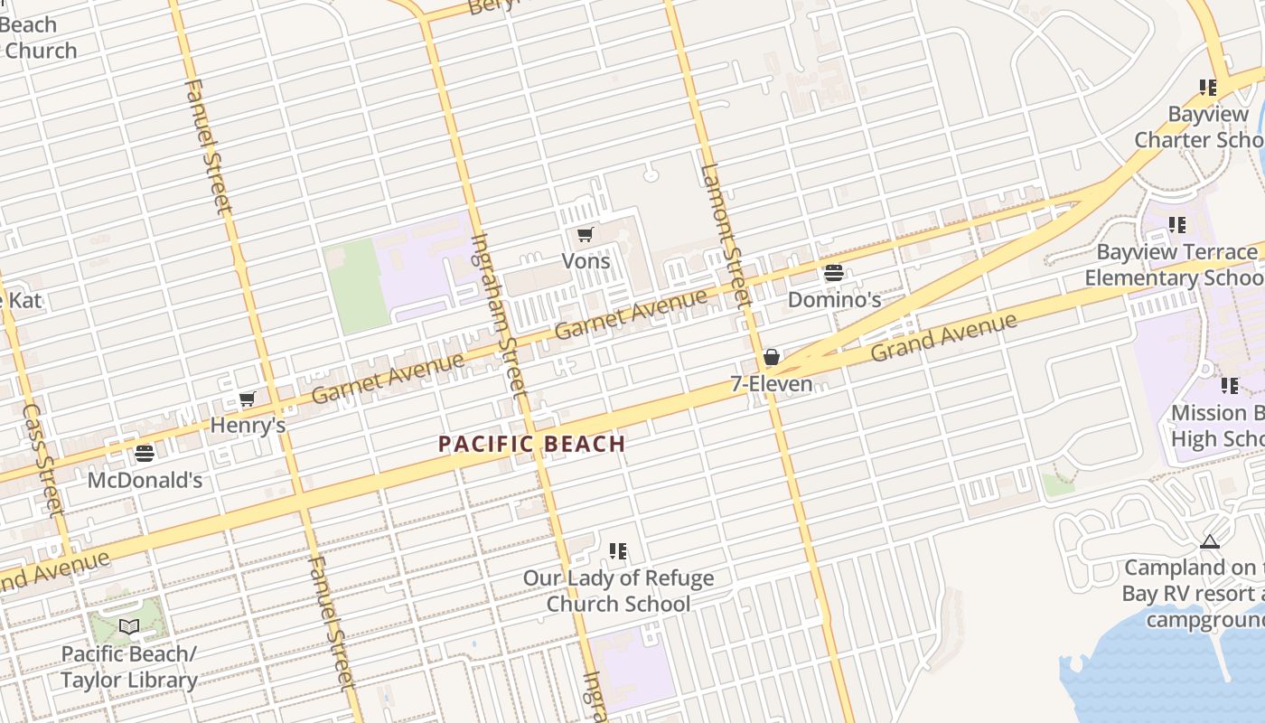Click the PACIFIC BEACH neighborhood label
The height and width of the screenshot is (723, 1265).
(x=531, y=444)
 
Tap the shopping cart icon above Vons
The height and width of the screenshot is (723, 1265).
(x=585, y=235)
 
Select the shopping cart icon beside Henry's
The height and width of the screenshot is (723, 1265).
(x=247, y=399)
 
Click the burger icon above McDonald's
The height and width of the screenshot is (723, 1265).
(x=145, y=453)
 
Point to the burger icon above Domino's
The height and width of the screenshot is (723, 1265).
(x=833, y=272)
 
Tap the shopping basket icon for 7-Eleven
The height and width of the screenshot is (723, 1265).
(x=771, y=357)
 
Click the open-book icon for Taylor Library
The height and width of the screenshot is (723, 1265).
(x=129, y=626)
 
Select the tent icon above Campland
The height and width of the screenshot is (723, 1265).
(x=1209, y=542)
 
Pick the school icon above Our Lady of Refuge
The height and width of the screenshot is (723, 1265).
(x=618, y=550)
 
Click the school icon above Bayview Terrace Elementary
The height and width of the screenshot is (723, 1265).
(x=1176, y=224)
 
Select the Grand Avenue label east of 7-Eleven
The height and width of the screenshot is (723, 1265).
(x=943, y=336)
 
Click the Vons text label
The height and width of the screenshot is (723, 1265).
(x=586, y=261)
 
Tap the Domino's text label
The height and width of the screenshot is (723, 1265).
(x=834, y=299)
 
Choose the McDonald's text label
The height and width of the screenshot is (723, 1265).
(x=145, y=480)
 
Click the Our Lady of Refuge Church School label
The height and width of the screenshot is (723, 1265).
(x=618, y=591)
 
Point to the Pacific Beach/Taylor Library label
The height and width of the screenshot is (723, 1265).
(x=128, y=667)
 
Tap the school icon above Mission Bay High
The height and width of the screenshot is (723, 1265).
(x=1229, y=386)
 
